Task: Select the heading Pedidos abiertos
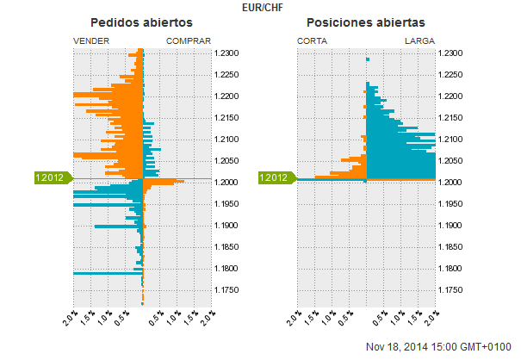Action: click(x=142, y=22)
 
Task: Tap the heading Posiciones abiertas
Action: click(x=366, y=22)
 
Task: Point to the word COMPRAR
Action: click(x=189, y=40)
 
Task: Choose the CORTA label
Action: click(x=312, y=40)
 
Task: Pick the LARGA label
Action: click(x=419, y=40)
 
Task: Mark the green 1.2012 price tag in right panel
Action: click(x=276, y=177)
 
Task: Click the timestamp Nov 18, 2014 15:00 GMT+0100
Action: click(x=438, y=347)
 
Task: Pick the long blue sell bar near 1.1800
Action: click(x=108, y=273)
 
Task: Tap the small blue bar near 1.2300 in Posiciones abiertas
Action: click(x=368, y=59)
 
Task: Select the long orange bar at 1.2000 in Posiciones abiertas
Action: click(x=400, y=179)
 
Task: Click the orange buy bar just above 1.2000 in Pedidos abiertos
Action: click(x=162, y=181)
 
